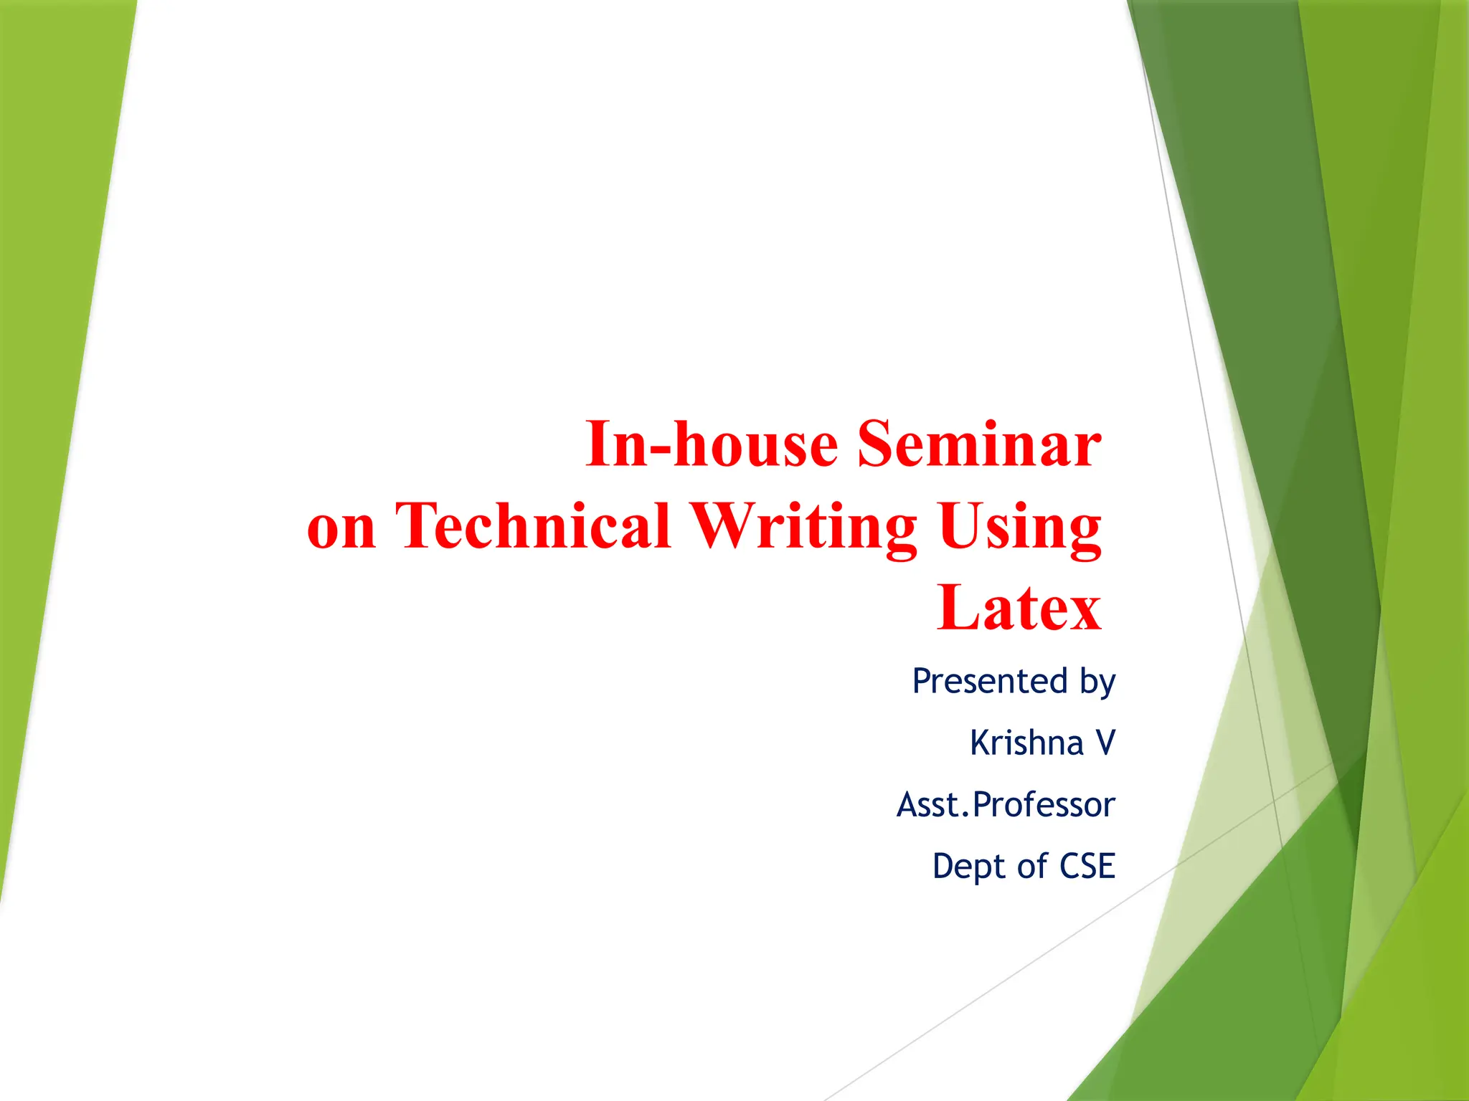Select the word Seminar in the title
pos(979,444)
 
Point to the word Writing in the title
pos(803,527)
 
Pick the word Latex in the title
pos(1019,608)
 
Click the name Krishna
pos(1026,743)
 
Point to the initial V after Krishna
pos(1105,743)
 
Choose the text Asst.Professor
pos(1006,804)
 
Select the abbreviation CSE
pos(1087,866)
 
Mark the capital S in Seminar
pos(877,444)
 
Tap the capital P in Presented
pos(922,681)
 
